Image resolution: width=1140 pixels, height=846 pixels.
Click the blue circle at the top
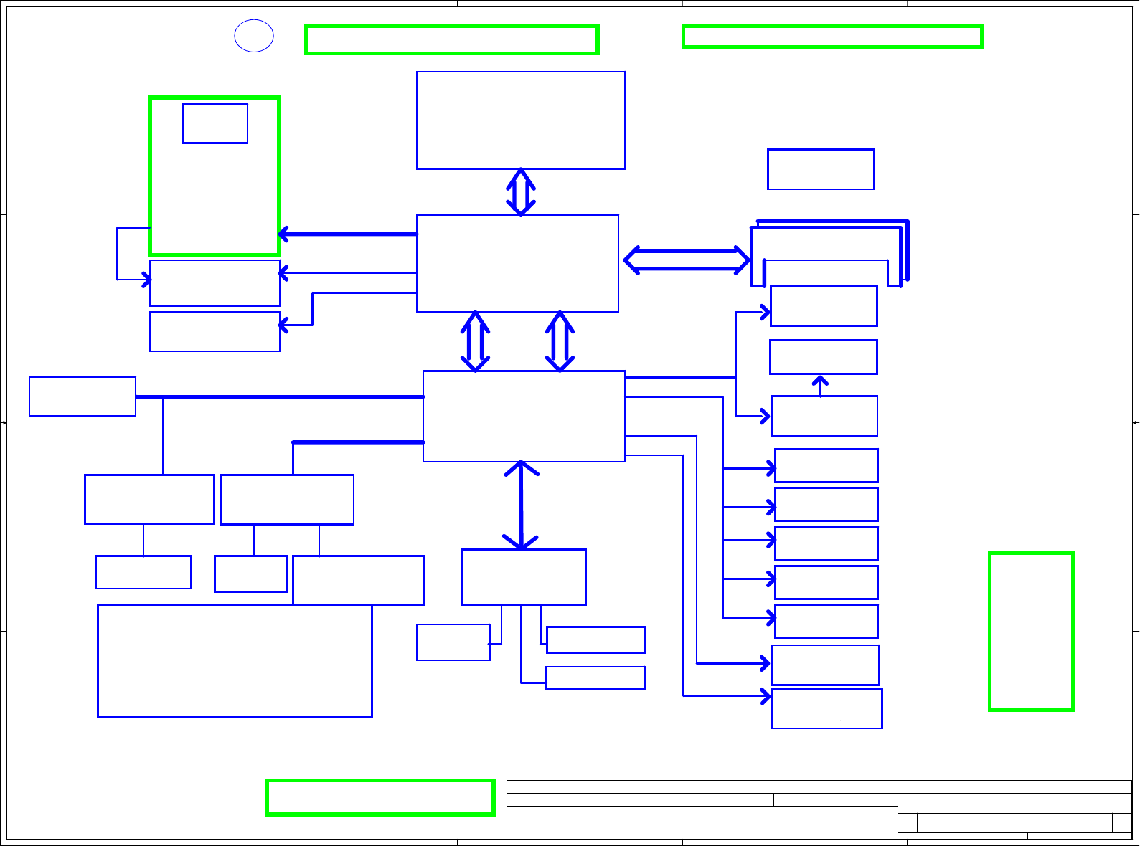254,36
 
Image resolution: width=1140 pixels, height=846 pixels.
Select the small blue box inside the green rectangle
215,123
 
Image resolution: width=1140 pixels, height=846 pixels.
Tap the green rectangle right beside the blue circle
451,39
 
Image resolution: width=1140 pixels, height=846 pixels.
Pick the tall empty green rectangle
1031,631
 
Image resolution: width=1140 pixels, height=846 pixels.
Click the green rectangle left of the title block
380,797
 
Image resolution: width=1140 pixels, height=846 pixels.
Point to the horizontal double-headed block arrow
687,260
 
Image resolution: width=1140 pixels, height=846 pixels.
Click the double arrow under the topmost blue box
521,192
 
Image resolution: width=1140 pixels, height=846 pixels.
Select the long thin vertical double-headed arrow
521,505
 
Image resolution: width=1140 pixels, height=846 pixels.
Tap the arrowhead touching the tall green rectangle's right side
283,234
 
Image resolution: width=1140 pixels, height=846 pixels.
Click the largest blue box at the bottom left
235,660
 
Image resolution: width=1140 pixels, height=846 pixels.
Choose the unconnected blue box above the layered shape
821,169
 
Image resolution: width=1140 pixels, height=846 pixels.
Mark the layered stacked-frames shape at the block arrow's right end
829,255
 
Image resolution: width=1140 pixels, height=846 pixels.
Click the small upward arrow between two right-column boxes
820,385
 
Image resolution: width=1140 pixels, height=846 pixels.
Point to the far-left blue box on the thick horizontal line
83,396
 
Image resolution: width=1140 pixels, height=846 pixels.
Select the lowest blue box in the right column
826,708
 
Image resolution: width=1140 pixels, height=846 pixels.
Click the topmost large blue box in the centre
521,120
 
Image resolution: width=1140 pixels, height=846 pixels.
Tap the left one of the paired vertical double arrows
475,341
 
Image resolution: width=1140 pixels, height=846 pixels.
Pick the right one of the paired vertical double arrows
560,341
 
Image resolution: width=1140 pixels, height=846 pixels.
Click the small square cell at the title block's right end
1121,823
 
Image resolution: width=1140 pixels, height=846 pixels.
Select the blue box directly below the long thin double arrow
524,577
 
